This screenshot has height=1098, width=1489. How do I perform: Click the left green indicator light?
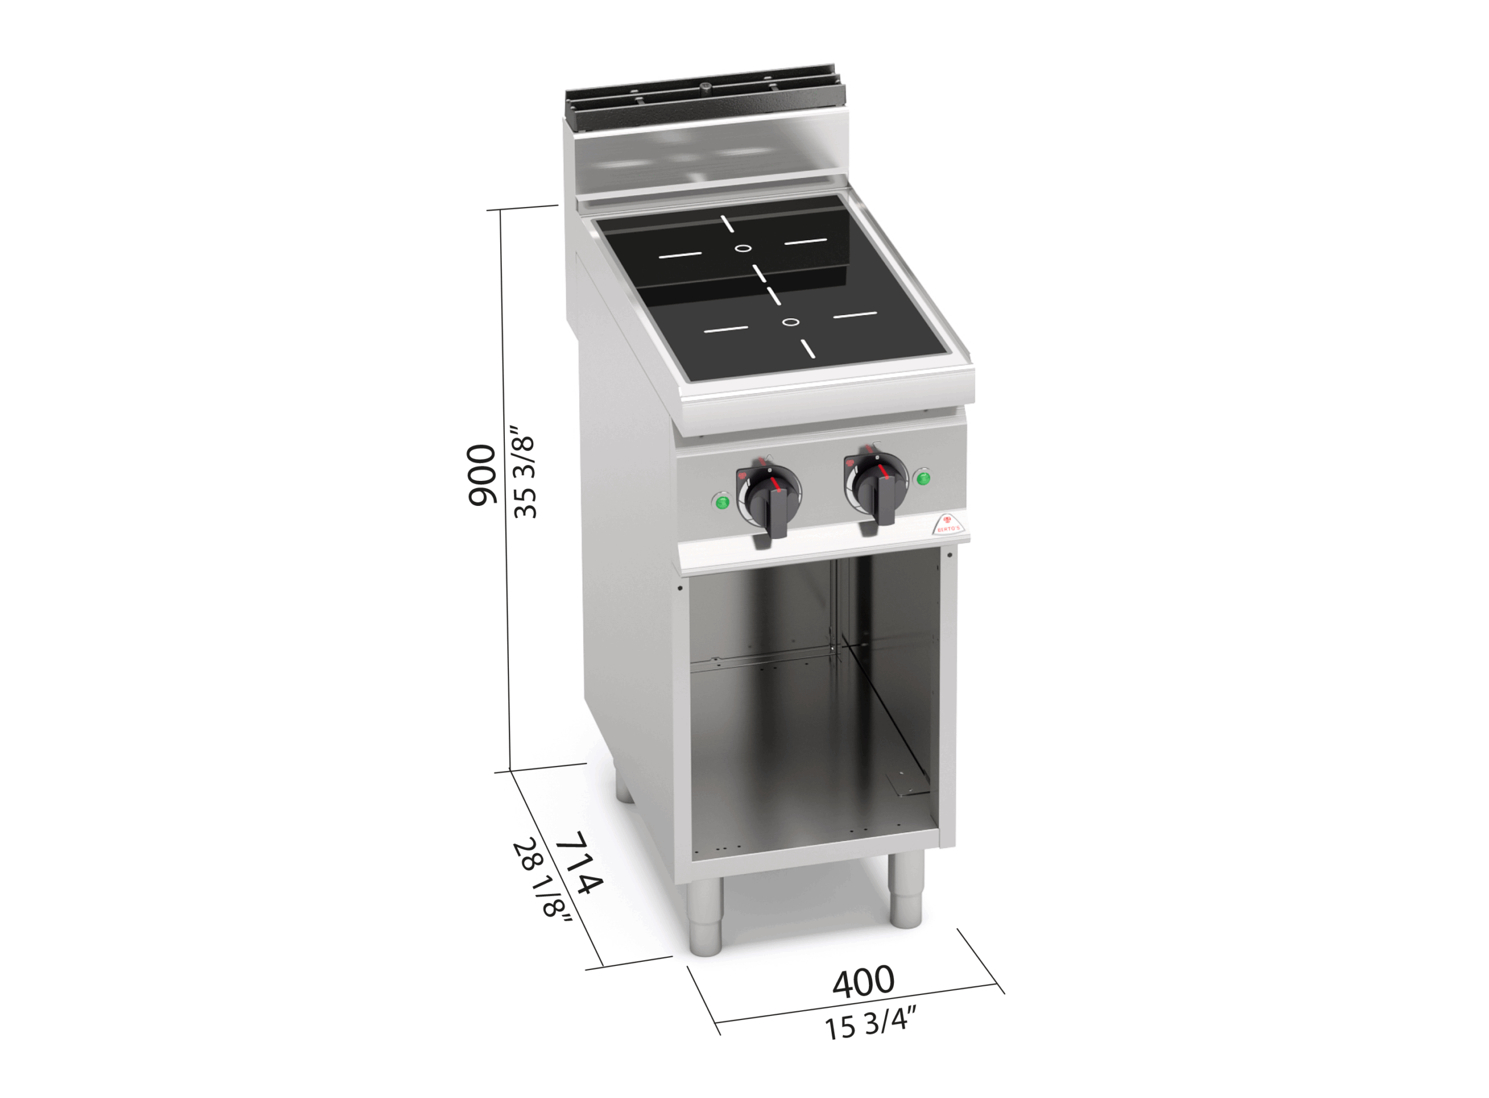click(x=721, y=501)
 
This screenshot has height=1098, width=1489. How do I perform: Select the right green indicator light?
click(x=922, y=477)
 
